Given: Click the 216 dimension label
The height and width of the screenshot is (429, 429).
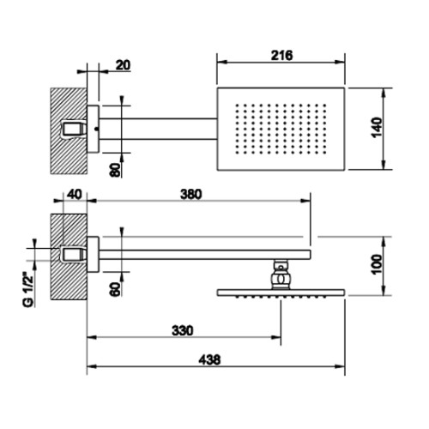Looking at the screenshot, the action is [x=281, y=56].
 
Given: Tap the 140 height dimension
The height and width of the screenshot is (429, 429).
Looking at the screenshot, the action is [x=377, y=127].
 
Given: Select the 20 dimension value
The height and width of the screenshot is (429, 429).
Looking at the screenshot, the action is [x=123, y=65].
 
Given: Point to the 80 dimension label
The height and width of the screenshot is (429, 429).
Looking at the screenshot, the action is [x=115, y=170].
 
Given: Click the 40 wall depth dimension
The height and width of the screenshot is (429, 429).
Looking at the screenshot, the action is [x=75, y=195].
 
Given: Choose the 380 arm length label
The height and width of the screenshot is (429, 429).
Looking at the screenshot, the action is [x=191, y=195].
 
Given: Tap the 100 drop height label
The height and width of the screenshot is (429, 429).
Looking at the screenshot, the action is [x=377, y=264].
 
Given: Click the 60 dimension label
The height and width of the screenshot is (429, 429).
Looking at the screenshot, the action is [x=115, y=289].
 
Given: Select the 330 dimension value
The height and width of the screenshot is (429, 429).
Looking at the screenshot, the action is [x=183, y=330].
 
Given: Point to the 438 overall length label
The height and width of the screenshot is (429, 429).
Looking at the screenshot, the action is [x=209, y=360].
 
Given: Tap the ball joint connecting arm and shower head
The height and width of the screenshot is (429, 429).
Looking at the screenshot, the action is [x=281, y=275].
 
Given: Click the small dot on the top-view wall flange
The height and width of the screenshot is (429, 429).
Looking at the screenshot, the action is [x=96, y=129].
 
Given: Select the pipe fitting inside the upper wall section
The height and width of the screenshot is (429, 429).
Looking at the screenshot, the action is [x=74, y=129].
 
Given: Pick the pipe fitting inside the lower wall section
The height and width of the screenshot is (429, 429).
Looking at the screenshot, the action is [x=74, y=255].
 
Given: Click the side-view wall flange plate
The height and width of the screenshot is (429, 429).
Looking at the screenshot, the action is [x=93, y=254].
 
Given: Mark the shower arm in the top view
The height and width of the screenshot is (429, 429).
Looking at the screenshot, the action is [x=158, y=129].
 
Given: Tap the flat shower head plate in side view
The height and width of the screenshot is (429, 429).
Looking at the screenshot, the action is [x=281, y=293].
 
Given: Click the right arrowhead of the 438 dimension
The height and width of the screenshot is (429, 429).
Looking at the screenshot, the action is [x=341, y=366].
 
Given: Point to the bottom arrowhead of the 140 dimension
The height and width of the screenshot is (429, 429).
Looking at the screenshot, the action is [x=384, y=165].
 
